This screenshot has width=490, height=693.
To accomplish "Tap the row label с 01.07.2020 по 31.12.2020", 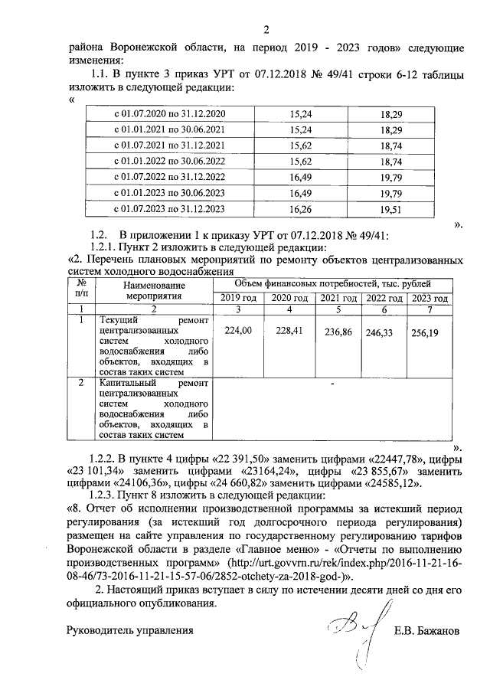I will click(x=169, y=113).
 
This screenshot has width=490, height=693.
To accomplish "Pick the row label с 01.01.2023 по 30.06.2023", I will click(x=169, y=193).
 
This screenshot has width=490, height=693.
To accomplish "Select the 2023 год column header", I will click(x=430, y=299).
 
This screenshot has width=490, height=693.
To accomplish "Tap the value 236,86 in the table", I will click(x=338, y=333).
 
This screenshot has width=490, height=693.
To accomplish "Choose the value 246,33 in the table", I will click(x=384, y=333).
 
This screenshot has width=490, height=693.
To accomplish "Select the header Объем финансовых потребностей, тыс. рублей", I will click(x=332, y=284).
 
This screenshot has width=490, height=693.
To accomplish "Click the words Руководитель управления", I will click(x=128, y=632).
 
